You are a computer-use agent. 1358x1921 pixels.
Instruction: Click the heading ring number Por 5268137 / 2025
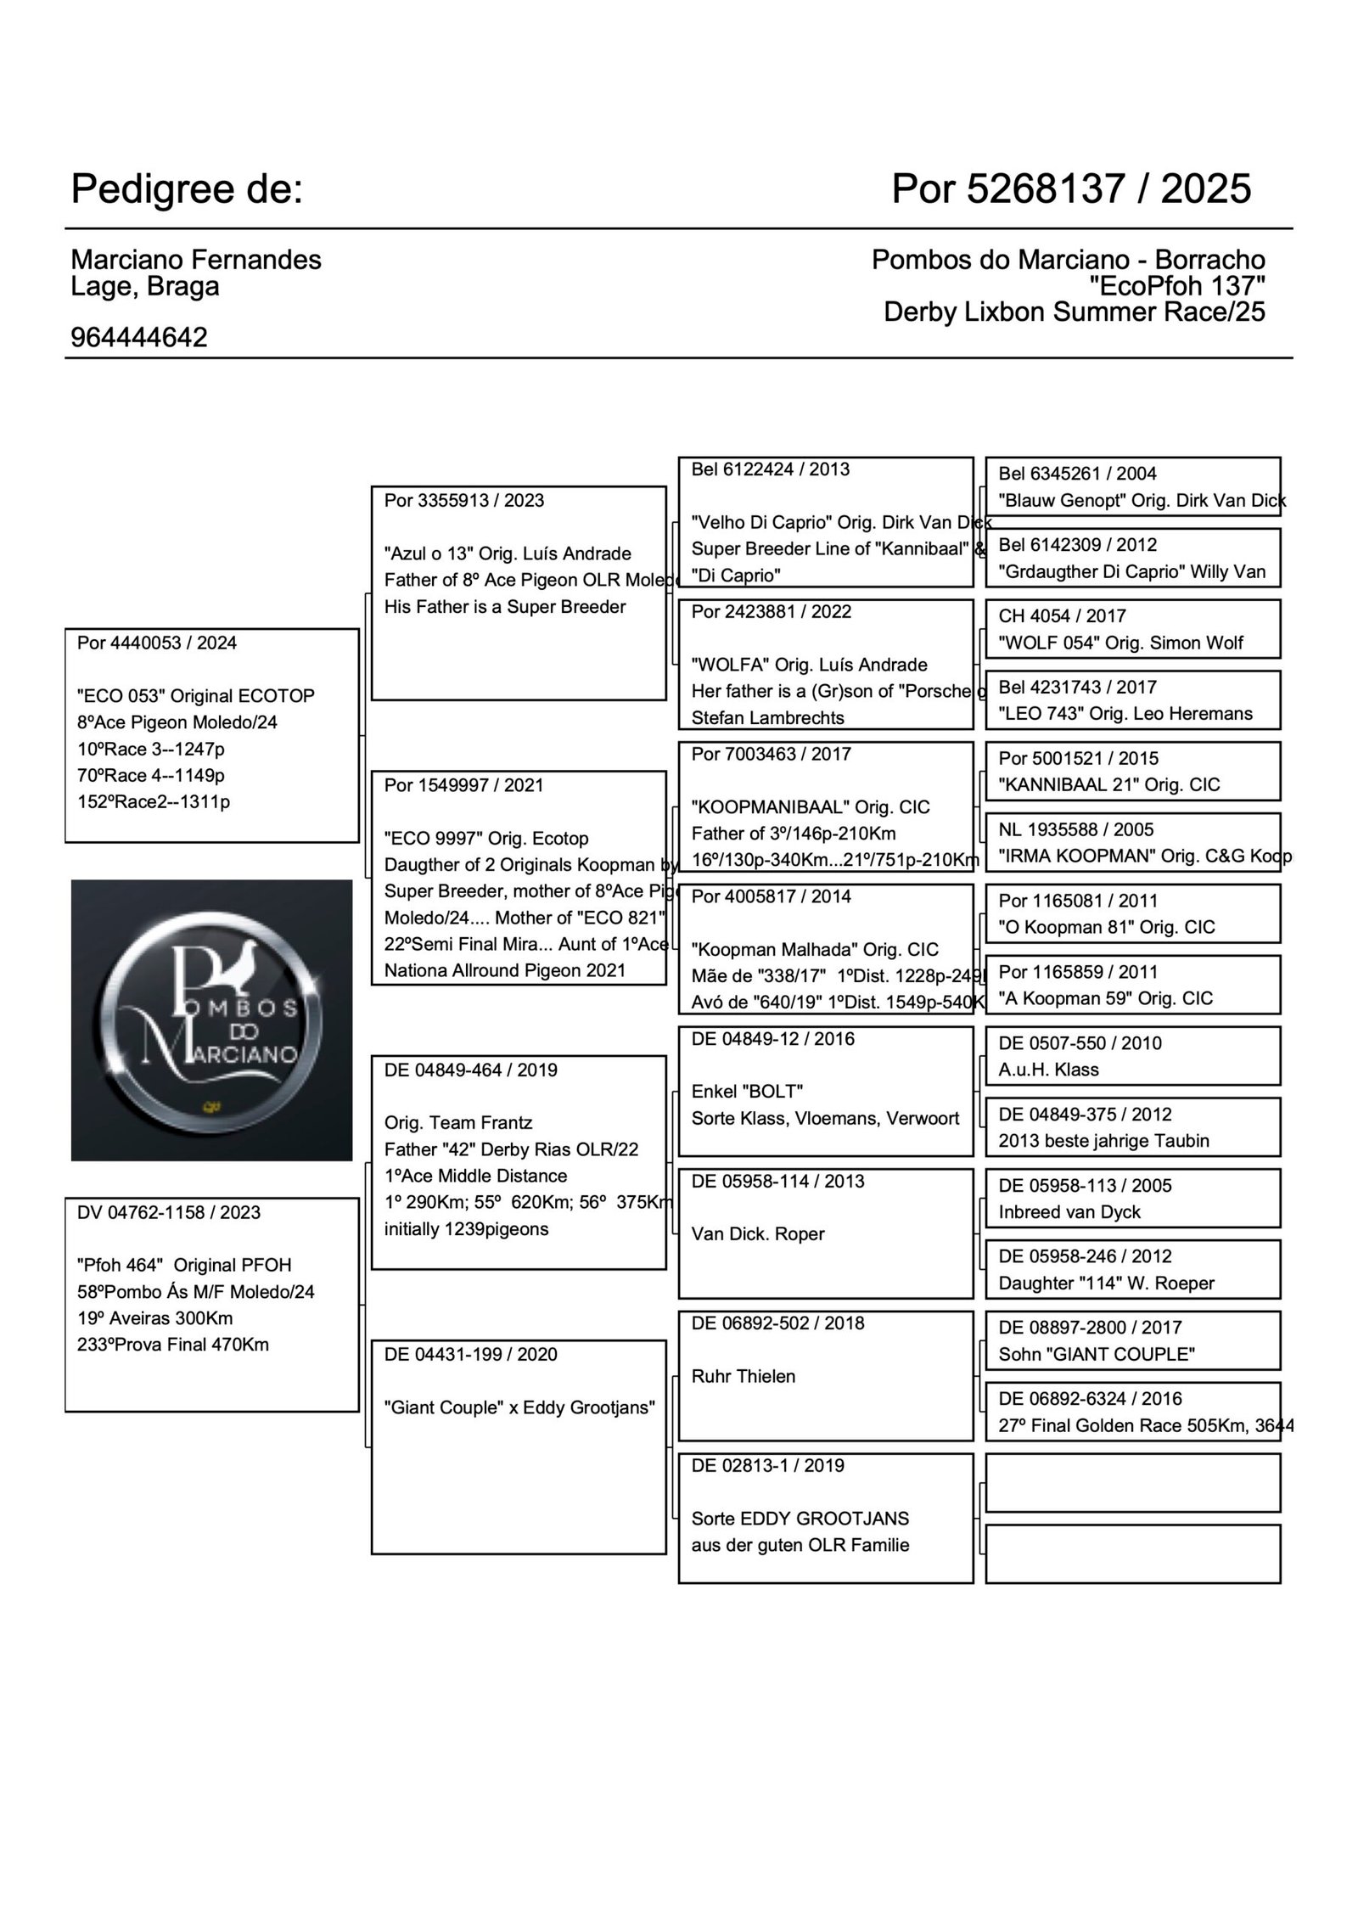(1070, 188)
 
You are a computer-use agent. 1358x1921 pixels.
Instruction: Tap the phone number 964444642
(139, 338)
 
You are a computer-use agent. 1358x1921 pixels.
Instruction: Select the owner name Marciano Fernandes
(196, 260)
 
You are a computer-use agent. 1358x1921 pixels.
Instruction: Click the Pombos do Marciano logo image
(211, 1019)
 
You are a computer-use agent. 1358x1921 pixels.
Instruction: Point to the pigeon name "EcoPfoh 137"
(1176, 286)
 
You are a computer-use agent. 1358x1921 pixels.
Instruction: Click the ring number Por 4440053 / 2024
(157, 643)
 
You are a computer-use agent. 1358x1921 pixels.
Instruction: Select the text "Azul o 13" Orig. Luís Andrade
(508, 553)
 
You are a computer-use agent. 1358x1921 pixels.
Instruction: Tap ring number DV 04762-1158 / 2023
(169, 1212)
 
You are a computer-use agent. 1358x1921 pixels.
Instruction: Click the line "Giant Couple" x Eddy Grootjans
(519, 1407)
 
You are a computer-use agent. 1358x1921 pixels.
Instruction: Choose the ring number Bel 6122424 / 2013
(770, 469)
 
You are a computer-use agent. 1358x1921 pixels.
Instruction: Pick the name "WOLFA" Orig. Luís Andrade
(809, 665)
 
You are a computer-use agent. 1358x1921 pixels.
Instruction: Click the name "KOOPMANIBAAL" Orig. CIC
(811, 807)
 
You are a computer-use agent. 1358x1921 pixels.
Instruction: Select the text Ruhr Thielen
(744, 1376)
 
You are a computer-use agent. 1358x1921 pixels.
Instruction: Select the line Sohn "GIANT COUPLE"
(1097, 1354)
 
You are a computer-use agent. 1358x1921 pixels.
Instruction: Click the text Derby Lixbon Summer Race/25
(1074, 312)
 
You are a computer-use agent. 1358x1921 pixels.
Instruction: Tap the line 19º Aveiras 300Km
(154, 1318)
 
